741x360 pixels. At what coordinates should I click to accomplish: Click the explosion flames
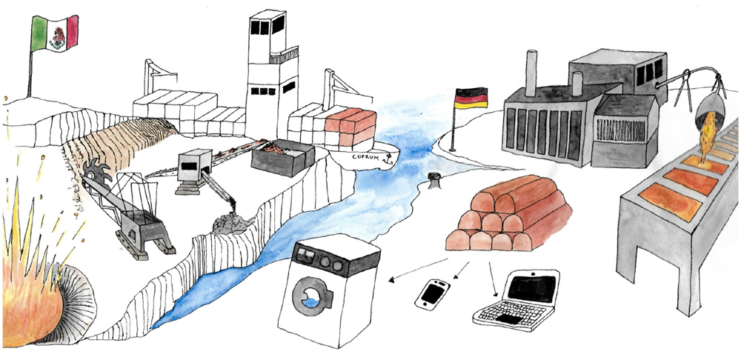[30, 296]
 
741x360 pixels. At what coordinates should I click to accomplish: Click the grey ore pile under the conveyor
[227, 223]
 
